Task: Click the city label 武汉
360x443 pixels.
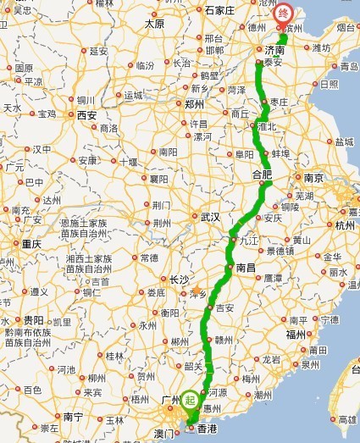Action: pyautogui.click(x=210, y=217)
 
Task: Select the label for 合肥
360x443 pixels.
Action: pyautogui.click(x=263, y=174)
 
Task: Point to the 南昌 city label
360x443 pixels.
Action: pyautogui.click(x=246, y=267)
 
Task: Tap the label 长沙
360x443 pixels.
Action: pyautogui.click(x=180, y=279)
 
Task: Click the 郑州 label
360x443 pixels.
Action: pyautogui.click(x=194, y=105)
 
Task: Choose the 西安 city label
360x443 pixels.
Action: pyautogui.click(x=86, y=114)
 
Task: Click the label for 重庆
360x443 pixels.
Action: pyautogui.click(x=31, y=243)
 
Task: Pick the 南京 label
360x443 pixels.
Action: pyautogui.click(x=313, y=178)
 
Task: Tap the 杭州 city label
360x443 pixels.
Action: pyautogui.click(x=345, y=225)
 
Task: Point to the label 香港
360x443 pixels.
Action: pyautogui.click(x=207, y=430)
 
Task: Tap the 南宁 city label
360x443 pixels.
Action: pyautogui.click(x=74, y=417)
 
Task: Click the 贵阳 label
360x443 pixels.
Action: pyautogui.click(x=34, y=320)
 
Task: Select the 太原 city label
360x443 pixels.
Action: pyautogui.click(x=154, y=24)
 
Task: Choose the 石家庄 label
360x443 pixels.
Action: pyautogui.click(x=219, y=10)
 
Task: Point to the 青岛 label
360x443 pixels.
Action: pyautogui.click(x=348, y=65)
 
